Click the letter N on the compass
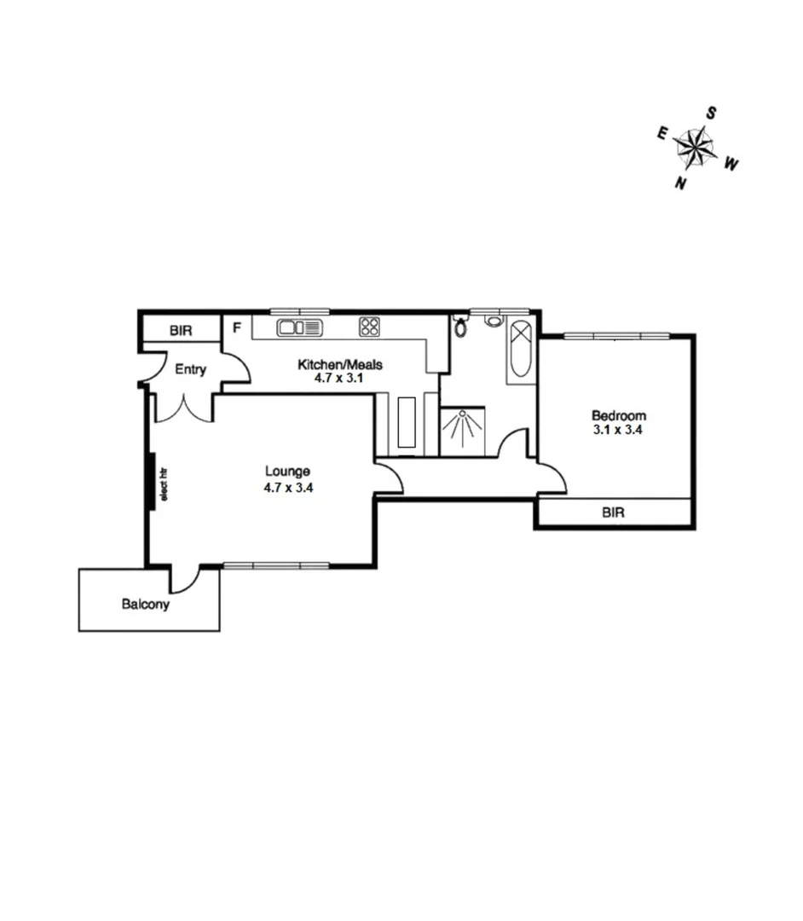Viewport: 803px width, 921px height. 680,183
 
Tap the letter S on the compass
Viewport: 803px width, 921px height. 711,113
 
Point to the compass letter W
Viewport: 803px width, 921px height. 731,165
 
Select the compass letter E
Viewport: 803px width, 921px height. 661,132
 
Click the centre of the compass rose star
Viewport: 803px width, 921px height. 696,148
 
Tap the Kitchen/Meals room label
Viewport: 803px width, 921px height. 339,365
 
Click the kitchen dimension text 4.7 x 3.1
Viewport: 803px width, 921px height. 339,379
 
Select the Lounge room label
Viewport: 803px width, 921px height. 287,472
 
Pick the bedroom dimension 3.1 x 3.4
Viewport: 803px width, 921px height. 617,430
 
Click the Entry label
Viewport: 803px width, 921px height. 190,369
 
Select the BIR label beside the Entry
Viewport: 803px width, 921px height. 181,329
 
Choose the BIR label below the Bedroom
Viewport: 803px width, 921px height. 614,513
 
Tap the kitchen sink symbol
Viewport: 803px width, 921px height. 298,327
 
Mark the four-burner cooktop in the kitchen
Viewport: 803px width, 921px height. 369,327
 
